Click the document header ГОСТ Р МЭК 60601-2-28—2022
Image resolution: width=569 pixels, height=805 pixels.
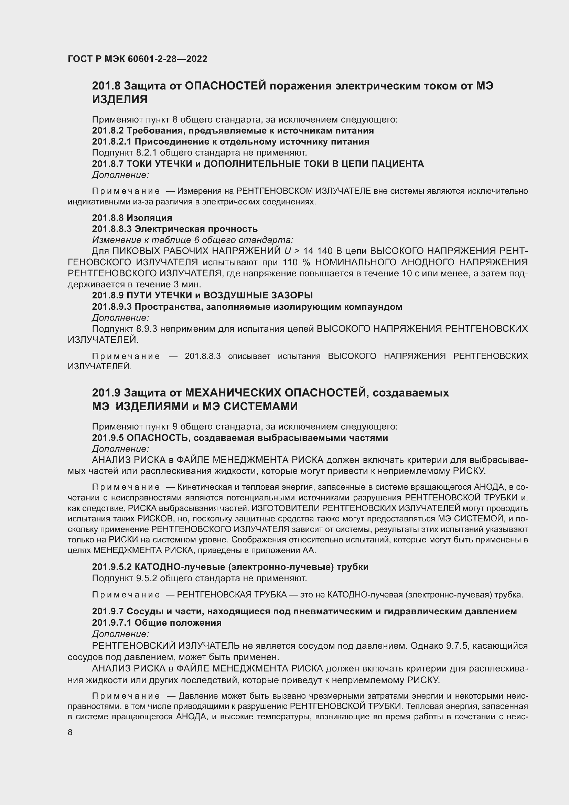pos(137,59)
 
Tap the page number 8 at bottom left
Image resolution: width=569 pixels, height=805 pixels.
pos(70,732)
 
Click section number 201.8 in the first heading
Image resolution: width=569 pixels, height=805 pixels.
pos(106,86)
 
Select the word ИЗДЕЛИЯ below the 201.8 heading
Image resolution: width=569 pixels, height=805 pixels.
pos(120,99)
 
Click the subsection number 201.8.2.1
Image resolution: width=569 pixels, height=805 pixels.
pos(111,142)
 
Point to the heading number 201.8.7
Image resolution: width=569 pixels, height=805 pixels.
pos(108,164)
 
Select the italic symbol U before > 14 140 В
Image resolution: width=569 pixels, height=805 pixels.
pos(288,251)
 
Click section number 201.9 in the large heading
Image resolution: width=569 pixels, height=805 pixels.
pos(106,393)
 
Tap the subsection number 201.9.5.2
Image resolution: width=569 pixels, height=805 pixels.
pos(111,567)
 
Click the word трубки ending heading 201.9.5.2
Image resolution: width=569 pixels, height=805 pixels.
pos(353,567)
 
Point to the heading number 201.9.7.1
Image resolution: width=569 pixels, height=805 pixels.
pos(111,623)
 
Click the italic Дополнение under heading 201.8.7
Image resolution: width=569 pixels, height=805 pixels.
pos(120,174)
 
